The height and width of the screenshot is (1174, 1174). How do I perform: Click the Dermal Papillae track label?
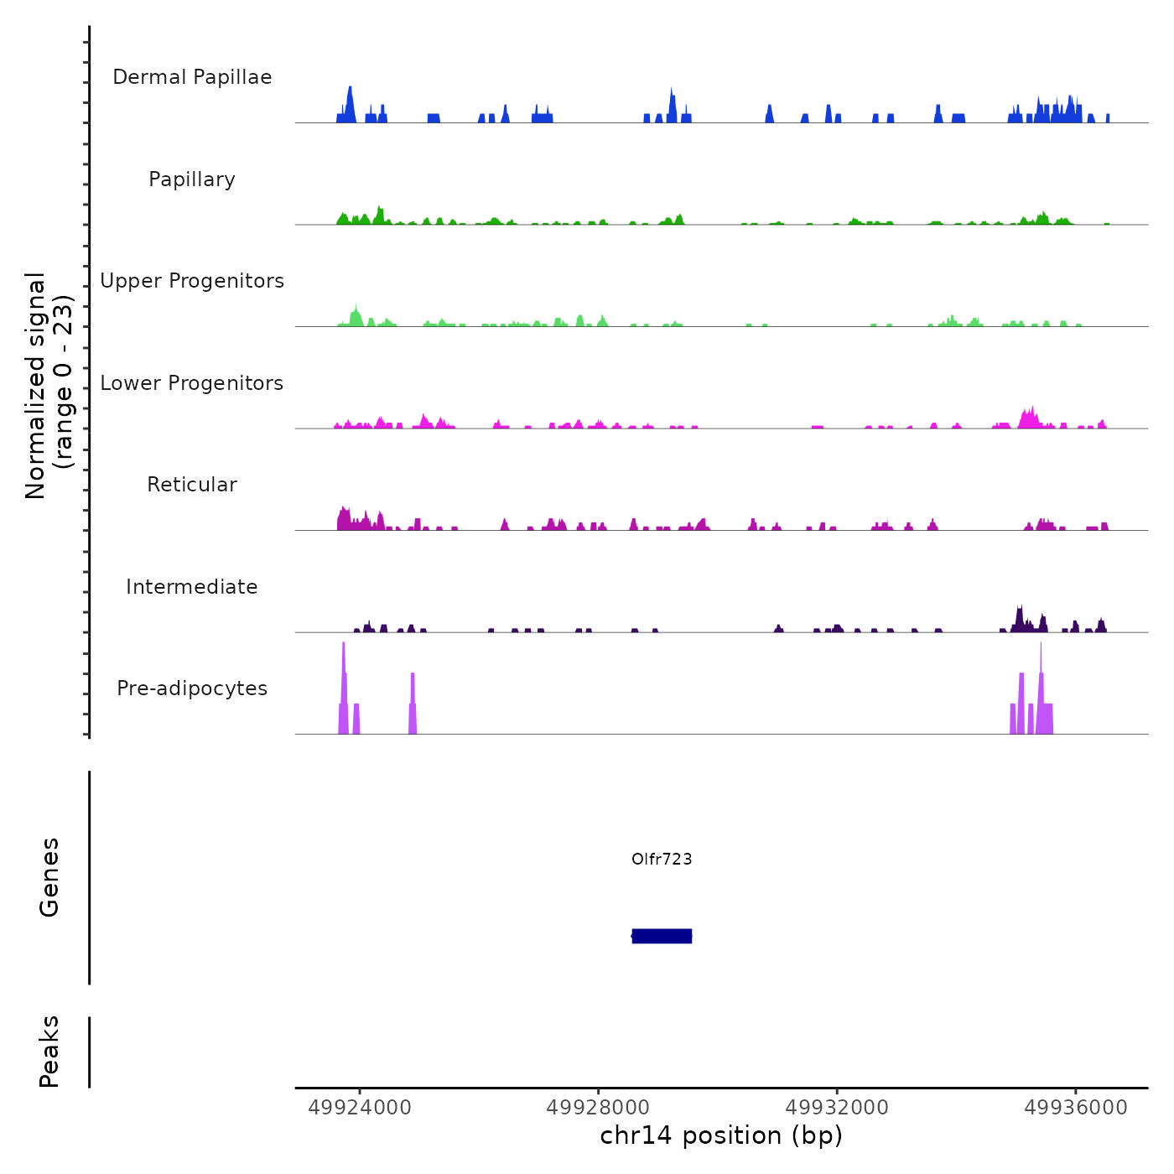192,77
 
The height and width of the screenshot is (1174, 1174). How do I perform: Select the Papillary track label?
192,179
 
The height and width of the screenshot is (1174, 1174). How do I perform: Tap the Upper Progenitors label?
192,281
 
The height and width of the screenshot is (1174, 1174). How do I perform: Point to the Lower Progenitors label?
192,383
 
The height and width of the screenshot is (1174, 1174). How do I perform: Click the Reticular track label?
192,485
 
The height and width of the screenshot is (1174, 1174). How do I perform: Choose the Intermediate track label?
192,587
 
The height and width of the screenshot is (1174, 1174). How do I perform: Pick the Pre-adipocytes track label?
192,688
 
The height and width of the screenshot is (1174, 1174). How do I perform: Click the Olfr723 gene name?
662,859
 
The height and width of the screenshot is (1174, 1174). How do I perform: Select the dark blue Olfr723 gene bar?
662,936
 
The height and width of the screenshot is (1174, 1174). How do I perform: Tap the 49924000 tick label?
360,1108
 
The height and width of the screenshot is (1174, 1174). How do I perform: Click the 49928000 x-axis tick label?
599,1108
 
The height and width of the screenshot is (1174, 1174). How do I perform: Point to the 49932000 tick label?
837,1108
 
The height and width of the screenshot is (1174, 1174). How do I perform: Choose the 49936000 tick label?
1076,1108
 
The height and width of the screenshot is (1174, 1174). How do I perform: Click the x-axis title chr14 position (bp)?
721,1135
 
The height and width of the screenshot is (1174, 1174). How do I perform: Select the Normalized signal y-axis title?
49,385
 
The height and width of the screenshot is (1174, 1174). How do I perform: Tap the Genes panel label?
49,877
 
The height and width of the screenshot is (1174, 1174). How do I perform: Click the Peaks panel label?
49,1052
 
